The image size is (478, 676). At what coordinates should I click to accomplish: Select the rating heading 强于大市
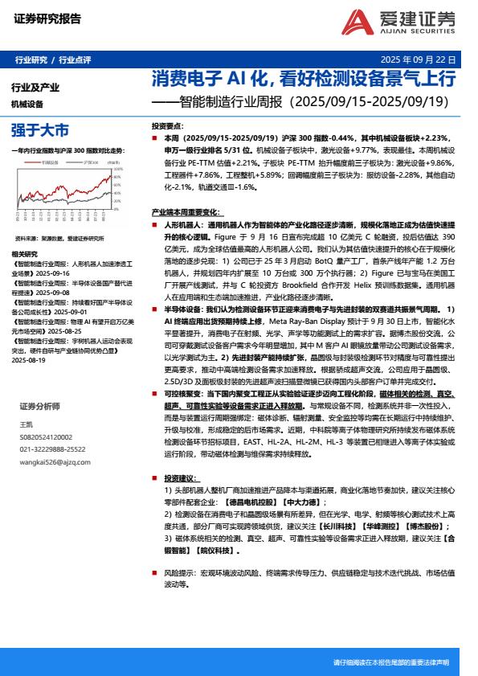[x=40, y=129]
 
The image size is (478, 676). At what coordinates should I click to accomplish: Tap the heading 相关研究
[x=25, y=254]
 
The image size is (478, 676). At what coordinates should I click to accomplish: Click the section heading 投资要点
[x=167, y=127]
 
